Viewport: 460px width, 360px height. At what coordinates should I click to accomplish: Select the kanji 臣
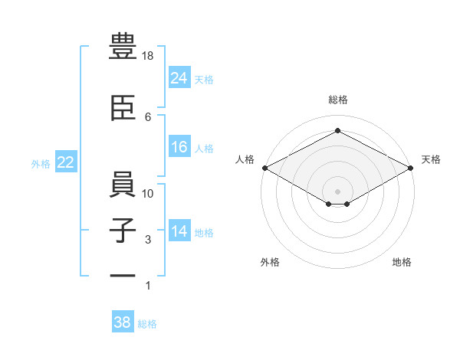coord(124,109)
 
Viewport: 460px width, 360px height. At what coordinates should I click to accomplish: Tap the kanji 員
coord(124,185)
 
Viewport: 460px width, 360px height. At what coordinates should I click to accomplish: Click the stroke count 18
coord(149,56)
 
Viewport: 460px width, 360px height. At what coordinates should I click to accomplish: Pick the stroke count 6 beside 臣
coord(148,116)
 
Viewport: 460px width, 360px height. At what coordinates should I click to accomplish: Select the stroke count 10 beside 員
coord(149,194)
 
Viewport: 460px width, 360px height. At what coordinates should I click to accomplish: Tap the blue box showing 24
coord(179,77)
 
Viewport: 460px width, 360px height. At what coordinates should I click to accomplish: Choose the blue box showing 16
coord(179,147)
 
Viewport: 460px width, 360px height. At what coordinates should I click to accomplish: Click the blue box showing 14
coord(179,231)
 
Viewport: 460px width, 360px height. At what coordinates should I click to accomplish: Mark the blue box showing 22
coord(65,162)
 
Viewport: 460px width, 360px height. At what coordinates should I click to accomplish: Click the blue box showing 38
coord(122,322)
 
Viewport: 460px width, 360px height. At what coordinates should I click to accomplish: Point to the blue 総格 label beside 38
coord(147,324)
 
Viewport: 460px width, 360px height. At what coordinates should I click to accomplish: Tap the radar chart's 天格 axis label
coord(431,159)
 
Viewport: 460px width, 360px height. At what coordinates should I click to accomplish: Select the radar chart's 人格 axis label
coord(245,159)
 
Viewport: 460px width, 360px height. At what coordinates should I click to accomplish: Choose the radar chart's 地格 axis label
coord(402,262)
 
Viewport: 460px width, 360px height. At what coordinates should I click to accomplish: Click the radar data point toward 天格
coord(412,168)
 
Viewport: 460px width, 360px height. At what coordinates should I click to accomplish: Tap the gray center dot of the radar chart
coord(337,190)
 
